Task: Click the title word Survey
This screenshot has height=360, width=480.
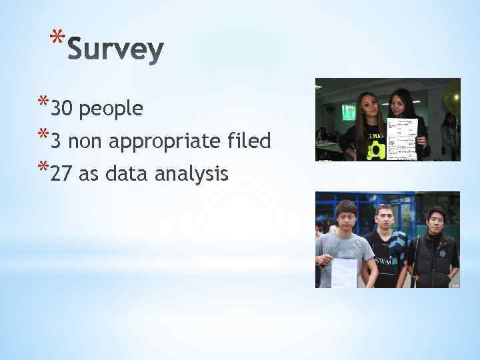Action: tap(115, 50)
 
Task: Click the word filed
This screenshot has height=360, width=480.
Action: tap(249, 141)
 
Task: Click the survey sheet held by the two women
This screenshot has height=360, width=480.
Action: tap(401, 139)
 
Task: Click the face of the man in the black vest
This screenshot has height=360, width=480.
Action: tap(435, 218)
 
